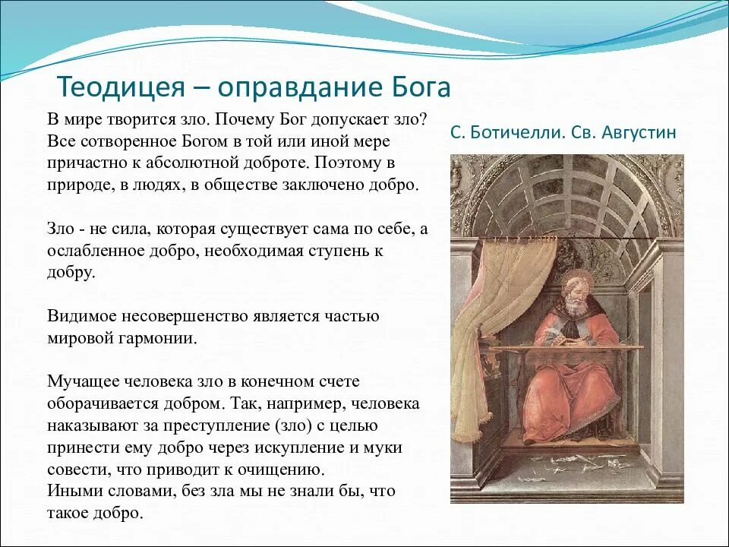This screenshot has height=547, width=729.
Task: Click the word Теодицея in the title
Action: coord(121,87)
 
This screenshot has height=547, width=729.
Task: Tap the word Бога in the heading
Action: coord(421,87)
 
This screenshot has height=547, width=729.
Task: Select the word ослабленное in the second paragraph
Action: coord(96,251)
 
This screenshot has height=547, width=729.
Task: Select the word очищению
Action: coord(281,470)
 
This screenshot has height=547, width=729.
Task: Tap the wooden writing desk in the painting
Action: coord(565,349)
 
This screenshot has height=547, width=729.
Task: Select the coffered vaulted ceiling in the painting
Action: coord(567,195)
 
